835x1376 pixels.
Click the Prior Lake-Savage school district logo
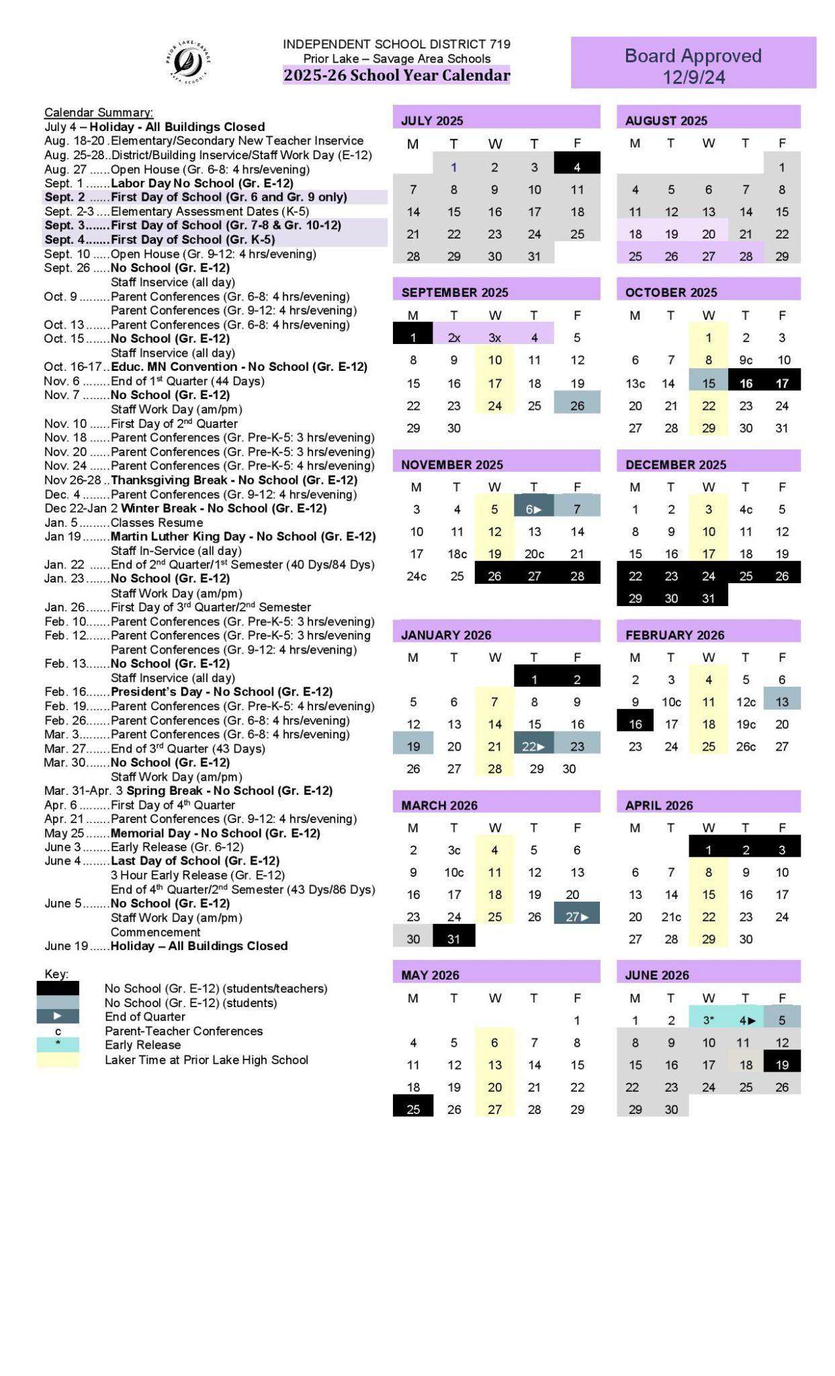pos(188,62)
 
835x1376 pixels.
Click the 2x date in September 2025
pos(454,337)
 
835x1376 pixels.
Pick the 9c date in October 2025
pos(746,359)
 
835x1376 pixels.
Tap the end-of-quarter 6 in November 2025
pos(533,509)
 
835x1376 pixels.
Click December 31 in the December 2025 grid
pos(708,598)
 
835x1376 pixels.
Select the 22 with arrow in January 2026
pos(533,746)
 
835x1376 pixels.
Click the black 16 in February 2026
pos(635,724)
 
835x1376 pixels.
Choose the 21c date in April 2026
pos(671,916)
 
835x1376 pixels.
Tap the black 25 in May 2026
pos(413,1109)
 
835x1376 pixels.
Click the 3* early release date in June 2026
pos(709,1019)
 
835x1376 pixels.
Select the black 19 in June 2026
pos(782,1064)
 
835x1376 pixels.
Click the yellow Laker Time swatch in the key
pos(58,1060)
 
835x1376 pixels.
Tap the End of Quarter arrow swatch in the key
pos(58,1016)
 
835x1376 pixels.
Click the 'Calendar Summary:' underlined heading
pos(99,112)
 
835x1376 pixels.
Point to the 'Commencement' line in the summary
pos(155,931)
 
